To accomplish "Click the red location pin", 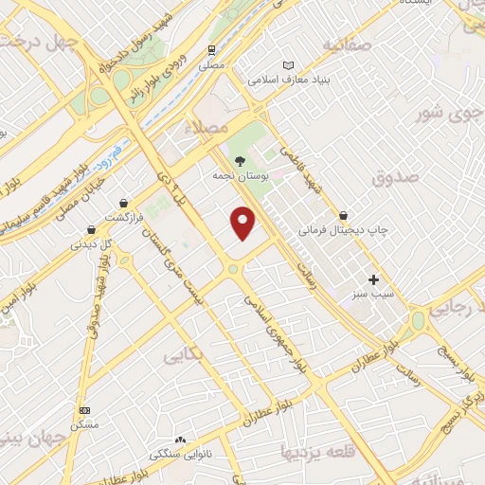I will point(244,222).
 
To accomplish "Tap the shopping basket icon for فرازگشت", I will point(124,202).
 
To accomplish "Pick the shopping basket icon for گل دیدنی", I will point(91,228).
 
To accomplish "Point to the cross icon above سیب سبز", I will point(373,279).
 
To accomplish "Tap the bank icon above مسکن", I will point(85,410).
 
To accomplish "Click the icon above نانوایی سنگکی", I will point(180,440).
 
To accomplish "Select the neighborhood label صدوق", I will point(394,176).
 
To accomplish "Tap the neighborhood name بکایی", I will point(186,356).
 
